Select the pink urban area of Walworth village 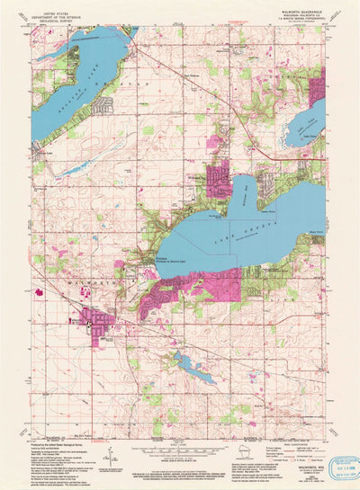[x=94, y=319]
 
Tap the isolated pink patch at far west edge [x=38, y=291]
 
